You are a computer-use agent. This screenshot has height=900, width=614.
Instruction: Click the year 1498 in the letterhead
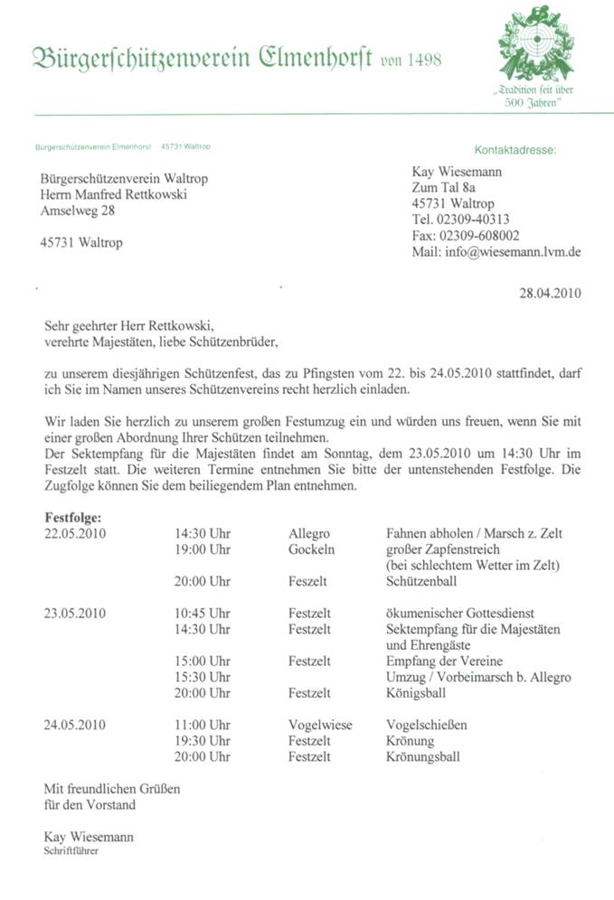(418, 60)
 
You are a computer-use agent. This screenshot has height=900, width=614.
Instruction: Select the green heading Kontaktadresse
(515, 149)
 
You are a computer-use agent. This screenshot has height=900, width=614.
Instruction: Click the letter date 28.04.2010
(549, 292)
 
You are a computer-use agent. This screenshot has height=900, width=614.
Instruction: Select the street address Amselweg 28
(78, 211)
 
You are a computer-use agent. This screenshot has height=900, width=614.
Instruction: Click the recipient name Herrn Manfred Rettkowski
(114, 195)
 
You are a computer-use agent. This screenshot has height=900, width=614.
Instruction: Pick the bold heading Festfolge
(73, 518)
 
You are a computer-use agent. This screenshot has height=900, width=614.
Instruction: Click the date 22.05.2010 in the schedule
(76, 534)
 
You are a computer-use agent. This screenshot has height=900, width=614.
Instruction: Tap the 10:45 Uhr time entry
(203, 614)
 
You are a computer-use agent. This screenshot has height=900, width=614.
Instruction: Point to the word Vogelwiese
(321, 725)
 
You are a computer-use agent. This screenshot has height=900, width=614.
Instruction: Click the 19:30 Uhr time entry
(203, 741)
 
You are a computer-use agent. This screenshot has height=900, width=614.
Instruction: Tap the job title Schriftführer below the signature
(71, 851)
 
